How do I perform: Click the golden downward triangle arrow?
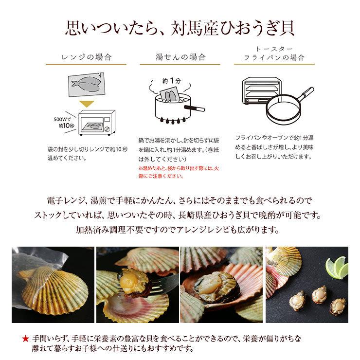coord(86,104)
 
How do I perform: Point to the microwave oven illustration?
coord(97,124)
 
